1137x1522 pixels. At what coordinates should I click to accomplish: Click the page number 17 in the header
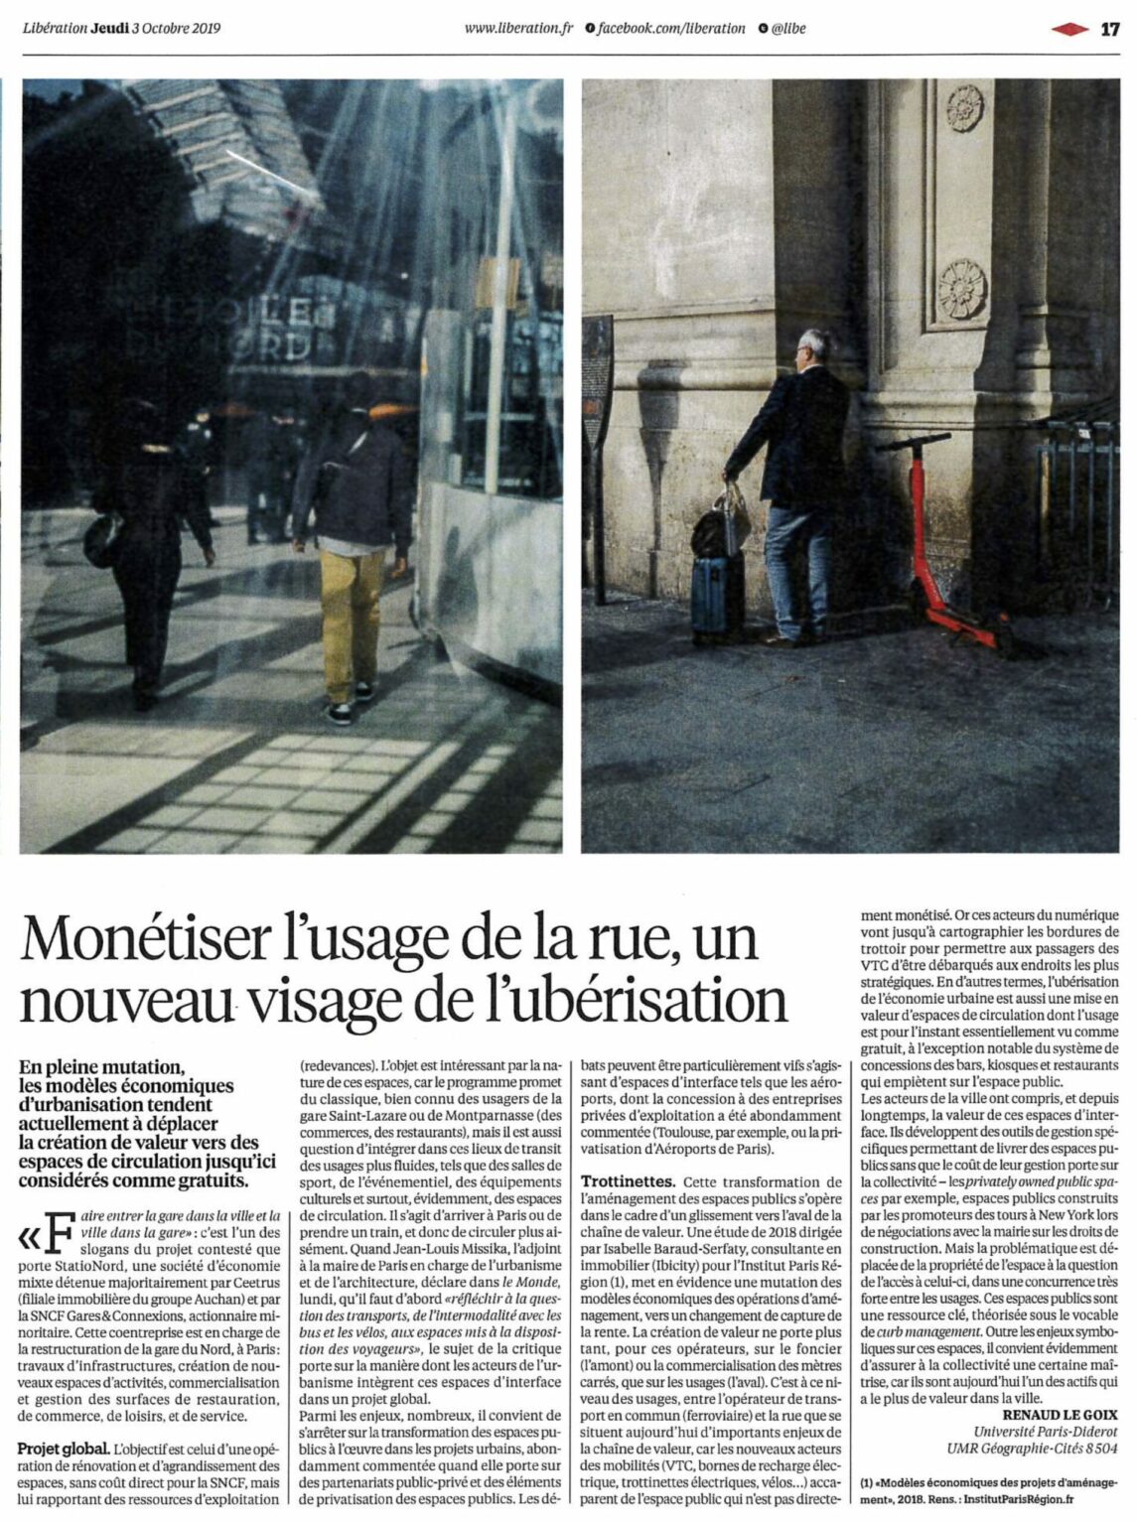coord(1109,28)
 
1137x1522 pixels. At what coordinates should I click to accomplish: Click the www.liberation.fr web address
coord(519,28)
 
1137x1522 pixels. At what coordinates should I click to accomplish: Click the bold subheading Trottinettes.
coord(628,1182)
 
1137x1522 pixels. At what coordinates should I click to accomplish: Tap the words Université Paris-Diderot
coord(1045,1433)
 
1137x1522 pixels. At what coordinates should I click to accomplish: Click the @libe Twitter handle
coord(789,28)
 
